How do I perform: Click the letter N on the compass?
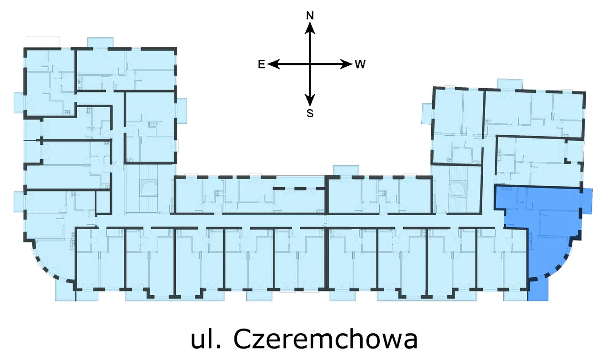click(x=310, y=16)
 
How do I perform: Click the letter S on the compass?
click(x=310, y=113)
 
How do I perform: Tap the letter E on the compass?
click(x=262, y=64)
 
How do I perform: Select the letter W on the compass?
click(x=360, y=64)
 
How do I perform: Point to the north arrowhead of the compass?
click(x=310, y=28)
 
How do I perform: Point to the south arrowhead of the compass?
click(x=310, y=100)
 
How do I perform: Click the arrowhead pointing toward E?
click(x=274, y=64)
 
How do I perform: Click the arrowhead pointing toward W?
click(x=346, y=64)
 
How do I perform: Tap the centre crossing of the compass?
click(x=310, y=64)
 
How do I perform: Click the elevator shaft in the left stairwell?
click(x=149, y=188)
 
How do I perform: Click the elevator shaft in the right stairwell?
click(x=459, y=188)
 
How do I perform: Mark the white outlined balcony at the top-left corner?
click(x=43, y=41)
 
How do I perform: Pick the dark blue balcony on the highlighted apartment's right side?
click(x=587, y=200)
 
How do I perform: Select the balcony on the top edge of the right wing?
click(x=510, y=84)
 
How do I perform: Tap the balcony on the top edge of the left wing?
click(x=101, y=42)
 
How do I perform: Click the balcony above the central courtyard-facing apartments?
click(x=346, y=171)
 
